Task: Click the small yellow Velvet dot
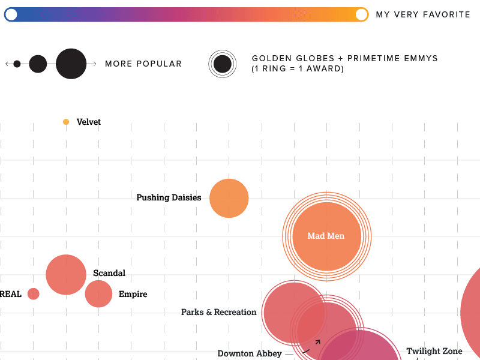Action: coord(66,122)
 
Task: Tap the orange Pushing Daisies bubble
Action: coord(229,198)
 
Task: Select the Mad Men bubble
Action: coord(326,236)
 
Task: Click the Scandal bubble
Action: coord(66,275)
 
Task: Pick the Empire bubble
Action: coord(98,294)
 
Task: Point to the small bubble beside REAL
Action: coord(34,294)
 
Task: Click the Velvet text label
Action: coord(89,122)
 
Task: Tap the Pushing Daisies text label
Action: coord(169,197)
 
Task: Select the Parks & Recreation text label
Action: coord(218,312)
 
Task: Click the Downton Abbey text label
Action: coord(250,353)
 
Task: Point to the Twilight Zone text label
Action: coord(434,351)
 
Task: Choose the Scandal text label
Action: coord(109,273)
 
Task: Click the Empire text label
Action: coord(133,294)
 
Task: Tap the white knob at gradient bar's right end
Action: coord(361,14)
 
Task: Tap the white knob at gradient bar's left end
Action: coord(11,14)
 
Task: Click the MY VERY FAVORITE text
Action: coord(423,14)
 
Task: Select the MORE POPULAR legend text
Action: coord(143,64)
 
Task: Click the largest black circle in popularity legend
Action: coord(71,64)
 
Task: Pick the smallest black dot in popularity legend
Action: coord(17,64)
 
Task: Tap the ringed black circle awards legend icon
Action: coord(223,64)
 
